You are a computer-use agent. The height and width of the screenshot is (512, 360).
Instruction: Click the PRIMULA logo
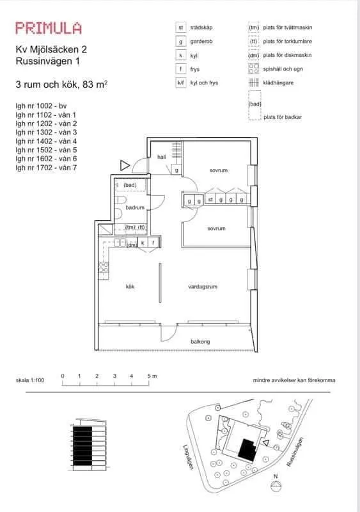click(x=49, y=28)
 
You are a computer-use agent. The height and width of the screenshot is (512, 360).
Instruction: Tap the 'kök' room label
click(x=130, y=286)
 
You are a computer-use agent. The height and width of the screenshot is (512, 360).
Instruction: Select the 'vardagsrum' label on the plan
click(x=203, y=287)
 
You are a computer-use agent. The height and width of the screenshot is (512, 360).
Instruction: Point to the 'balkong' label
click(x=200, y=342)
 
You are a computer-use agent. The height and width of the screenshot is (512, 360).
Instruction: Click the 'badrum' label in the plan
click(x=135, y=207)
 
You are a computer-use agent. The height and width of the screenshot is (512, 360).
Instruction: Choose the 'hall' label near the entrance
click(x=162, y=157)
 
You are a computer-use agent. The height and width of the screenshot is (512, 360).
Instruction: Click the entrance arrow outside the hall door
click(x=125, y=166)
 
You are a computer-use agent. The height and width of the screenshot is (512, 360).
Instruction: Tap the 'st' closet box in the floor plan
click(x=210, y=199)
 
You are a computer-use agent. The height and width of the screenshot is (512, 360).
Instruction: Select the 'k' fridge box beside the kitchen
click(x=143, y=243)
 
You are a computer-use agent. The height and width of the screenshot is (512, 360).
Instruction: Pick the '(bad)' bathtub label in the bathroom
click(x=130, y=185)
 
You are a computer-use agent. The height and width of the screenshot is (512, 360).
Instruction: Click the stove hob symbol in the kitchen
click(x=104, y=268)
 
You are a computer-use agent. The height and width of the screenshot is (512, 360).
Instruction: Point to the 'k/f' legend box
click(x=181, y=83)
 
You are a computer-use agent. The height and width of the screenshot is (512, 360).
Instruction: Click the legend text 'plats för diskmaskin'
click(x=287, y=55)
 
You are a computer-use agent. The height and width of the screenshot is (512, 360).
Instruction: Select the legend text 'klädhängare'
click(x=278, y=83)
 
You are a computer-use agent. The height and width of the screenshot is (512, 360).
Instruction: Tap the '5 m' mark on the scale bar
click(x=152, y=376)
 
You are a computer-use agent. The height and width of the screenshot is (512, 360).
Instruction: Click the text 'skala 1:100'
click(x=30, y=380)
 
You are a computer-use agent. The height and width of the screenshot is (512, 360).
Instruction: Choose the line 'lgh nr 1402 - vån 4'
click(x=46, y=141)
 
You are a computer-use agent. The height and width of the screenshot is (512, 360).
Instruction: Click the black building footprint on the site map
click(x=247, y=450)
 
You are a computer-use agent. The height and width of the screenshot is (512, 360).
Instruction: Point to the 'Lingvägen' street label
click(x=188, y=458)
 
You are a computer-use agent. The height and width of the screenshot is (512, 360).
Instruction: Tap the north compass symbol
click(x=276, y=484)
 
